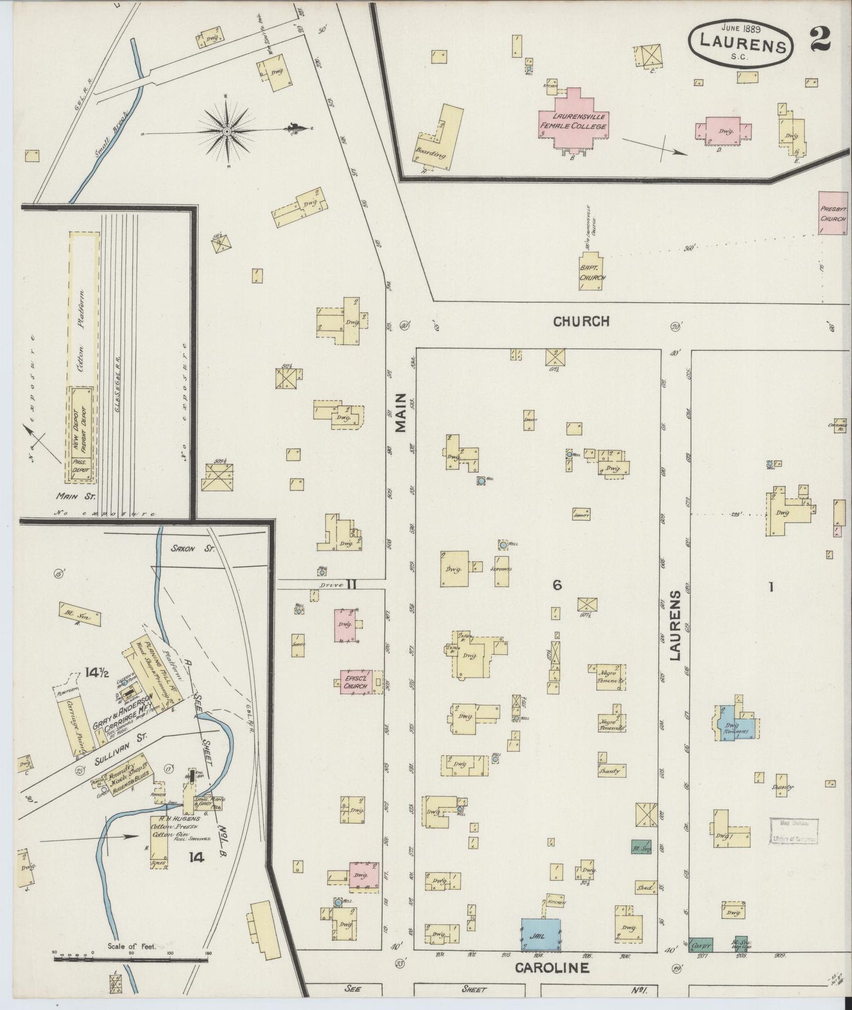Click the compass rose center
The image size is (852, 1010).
pos(226,131)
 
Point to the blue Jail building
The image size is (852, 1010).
pos(540,934)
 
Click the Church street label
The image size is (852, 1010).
pos(581,321)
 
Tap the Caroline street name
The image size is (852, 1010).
pos(552,968)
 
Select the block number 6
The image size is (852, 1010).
pos(556,585)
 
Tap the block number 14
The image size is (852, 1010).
pos(196,857)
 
